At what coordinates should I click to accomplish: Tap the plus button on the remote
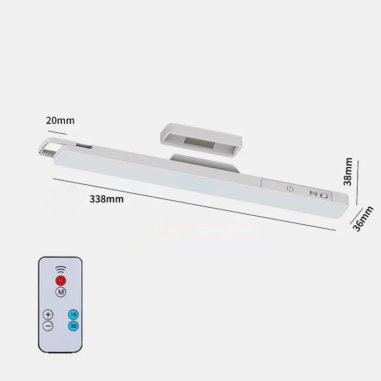(48, 315)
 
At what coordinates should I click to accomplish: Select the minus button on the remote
(48, 326)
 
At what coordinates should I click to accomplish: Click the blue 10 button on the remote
(73, 315)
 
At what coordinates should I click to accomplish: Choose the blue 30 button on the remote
(73, 326)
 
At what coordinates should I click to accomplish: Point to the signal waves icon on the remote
(61, 269)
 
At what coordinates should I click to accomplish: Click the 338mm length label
(107, 199)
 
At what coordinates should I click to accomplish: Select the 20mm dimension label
(60, 120)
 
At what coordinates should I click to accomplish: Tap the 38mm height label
(348, 171)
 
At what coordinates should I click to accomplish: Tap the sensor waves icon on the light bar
(313, 194)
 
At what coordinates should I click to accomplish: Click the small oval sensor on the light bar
(324, 196)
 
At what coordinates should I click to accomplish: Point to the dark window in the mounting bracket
(201, 141)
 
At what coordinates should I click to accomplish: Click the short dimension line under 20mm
(60, 130)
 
